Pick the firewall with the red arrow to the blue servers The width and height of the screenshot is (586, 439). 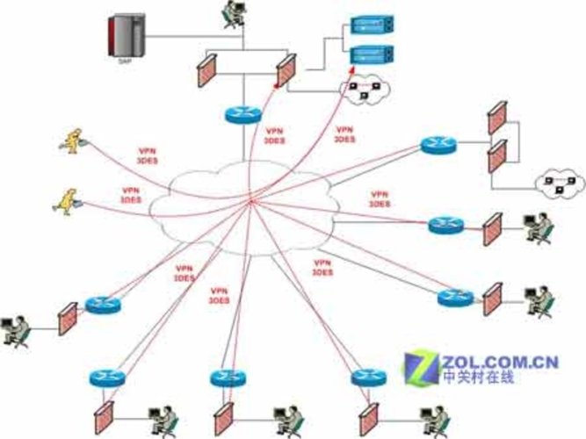pyautogui.click(x=286, y=70)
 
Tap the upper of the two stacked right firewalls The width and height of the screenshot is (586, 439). pyautogui.click(x=496, y=119)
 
